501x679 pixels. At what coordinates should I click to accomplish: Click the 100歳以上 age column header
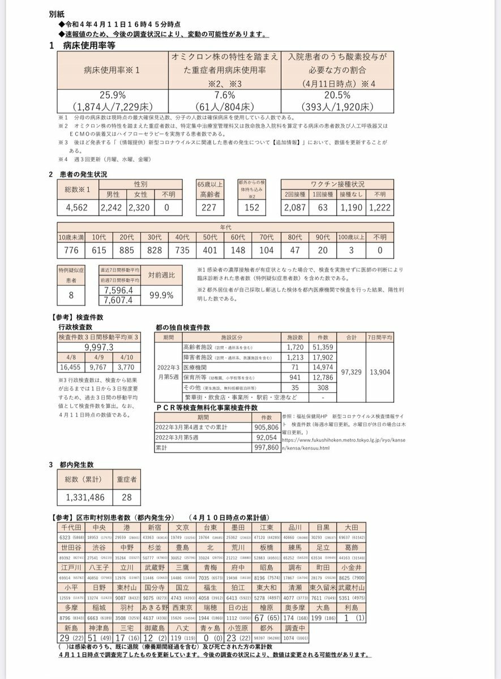coord(351,237)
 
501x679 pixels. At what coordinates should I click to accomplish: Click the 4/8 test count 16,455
coord(71,367)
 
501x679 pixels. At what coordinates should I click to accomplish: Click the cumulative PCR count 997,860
coord(267,446)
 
